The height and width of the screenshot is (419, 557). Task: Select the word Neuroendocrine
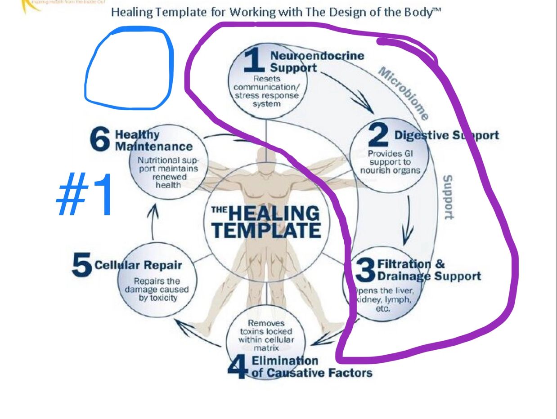click(x=317, y=56)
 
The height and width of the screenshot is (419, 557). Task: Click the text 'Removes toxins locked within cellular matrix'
click(x=266, y=335)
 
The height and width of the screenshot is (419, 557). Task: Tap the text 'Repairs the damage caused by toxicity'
click(x=157, y=290)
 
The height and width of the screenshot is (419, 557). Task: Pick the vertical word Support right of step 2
click(x=448, y=197)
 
